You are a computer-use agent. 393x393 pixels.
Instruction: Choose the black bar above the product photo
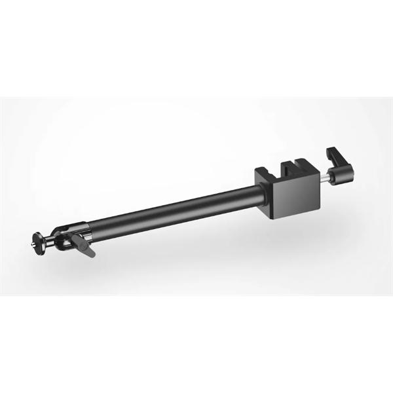pyautogui.click(x=196, y=49)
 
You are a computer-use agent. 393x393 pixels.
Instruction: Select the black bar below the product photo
pyautogui.click(x=196, y=344)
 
